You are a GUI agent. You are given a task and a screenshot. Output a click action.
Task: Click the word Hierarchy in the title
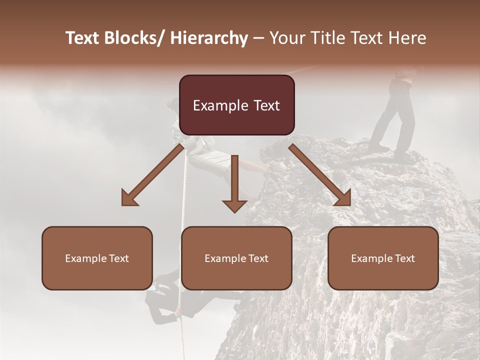(x=209, y=38)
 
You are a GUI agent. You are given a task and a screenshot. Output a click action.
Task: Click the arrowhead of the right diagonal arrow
(x=343, y=198)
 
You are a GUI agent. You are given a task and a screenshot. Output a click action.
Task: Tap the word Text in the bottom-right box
(x=404, y=258)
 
